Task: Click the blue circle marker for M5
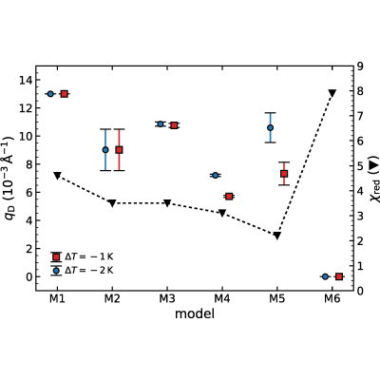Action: click(270, 127)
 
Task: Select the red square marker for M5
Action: click(284, 174)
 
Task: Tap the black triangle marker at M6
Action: click(332, 93)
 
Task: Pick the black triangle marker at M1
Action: click(57, 176)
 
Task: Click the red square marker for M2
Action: click(119, 150)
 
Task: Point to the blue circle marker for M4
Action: click(216, 175)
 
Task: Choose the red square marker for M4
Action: click(229, 197)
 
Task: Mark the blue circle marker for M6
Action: click(325, 276)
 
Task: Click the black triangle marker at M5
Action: click(277, 236)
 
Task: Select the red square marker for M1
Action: click(64, 94)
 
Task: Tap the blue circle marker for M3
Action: click(161, 123)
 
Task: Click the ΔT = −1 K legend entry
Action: click(82, 256)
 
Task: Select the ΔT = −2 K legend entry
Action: click(82, 271)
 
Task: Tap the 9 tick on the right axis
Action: click(361, 66)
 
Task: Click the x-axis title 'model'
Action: click(195, 313)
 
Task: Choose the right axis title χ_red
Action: click(374, 179)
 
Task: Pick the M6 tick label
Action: click(332, 298)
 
